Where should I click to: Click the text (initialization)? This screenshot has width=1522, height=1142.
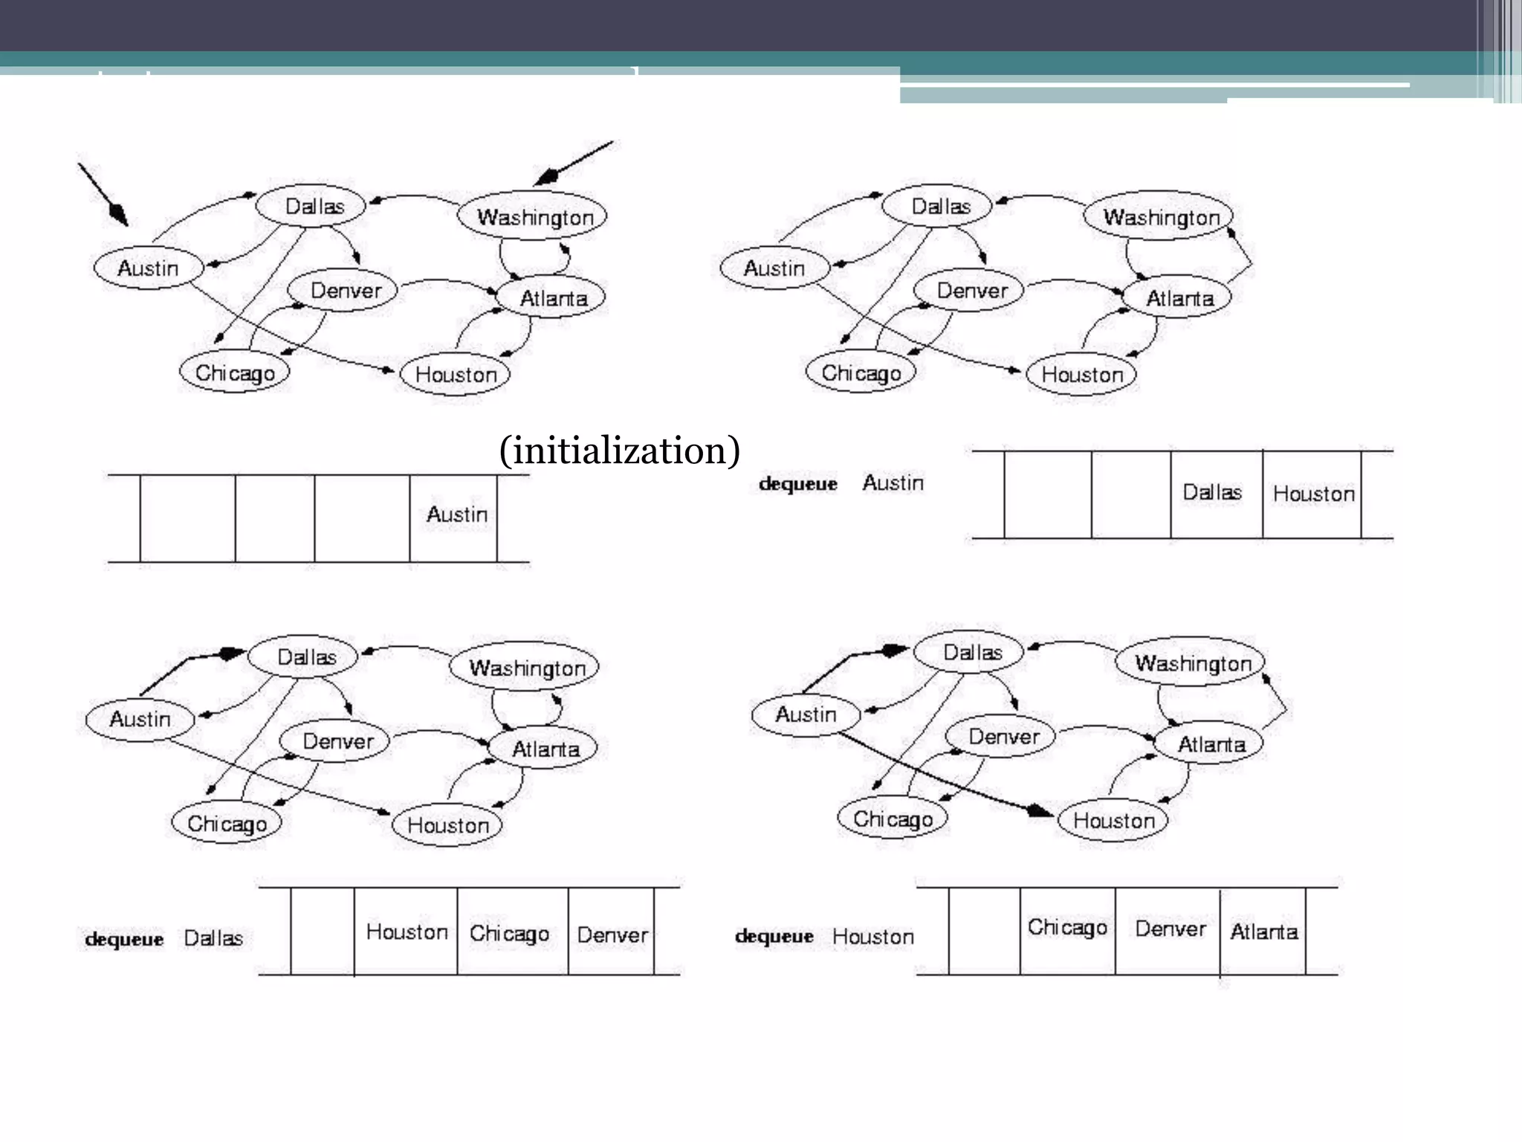coord(619,451)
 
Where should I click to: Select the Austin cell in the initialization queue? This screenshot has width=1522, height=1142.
coord(456,515)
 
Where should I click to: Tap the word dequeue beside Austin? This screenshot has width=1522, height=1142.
coord(797,484)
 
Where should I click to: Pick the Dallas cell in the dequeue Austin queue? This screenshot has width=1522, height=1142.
coord(1212,493)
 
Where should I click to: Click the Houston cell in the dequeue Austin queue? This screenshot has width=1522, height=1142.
coord(1313,494)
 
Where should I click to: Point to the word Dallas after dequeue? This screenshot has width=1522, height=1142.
coord(213,938)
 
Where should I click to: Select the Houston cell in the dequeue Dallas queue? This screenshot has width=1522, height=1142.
coord(407,932)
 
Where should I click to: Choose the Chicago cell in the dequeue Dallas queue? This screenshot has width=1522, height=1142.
coord(510,933)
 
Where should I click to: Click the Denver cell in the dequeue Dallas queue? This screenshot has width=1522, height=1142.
coord(612,935)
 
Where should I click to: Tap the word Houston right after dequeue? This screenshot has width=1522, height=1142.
coord(872,937)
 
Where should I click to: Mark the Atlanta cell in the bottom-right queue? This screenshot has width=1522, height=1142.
coord(1263,932)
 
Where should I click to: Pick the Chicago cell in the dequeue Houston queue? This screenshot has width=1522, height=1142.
coord(1067,927)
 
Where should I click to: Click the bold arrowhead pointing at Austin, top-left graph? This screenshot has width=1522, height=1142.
coord(118,213)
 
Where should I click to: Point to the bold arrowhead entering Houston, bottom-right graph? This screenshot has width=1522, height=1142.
coord(1039,811)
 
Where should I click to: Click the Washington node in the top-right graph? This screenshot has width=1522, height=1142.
coord(1160,217)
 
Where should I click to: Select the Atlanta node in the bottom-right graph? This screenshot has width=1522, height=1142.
coord(1211,744)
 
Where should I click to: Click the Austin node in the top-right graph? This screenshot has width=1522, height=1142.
coord(774,268)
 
